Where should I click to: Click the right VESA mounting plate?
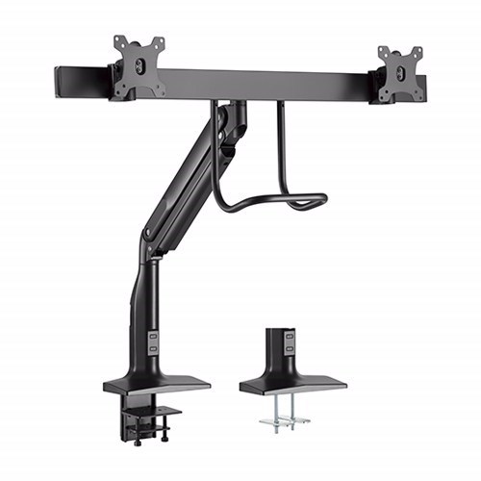click(401, 73)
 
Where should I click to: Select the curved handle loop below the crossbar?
click(269, 200)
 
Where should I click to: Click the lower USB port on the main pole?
click(155, 349)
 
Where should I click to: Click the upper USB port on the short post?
click(290, 339)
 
